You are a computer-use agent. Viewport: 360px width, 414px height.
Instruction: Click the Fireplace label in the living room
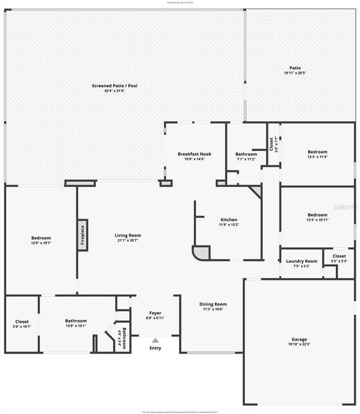[82, 235]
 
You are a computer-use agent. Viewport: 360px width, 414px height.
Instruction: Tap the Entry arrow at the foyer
[155, 341]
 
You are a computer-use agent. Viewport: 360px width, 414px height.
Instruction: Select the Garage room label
[298, 339]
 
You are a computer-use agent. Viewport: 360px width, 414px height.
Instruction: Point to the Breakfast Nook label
[194, 154]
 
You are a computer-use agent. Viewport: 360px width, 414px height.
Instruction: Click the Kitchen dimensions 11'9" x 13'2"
[229, 225]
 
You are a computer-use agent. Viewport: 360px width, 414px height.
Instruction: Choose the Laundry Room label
[301, 261]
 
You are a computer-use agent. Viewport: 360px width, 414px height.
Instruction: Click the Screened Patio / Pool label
[114, 86]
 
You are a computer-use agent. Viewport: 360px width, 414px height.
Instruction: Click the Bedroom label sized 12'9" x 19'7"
[41, 238]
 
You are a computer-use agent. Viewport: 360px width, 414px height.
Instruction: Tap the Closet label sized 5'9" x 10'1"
[22, 321]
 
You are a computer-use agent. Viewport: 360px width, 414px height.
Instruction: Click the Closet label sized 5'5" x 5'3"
[339, 256]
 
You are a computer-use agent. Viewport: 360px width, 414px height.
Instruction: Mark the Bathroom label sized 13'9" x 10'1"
[75, 321]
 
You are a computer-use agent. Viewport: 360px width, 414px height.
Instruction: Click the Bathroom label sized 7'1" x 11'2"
[246, 154]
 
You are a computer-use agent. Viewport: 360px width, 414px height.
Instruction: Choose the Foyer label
[155, 313]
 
